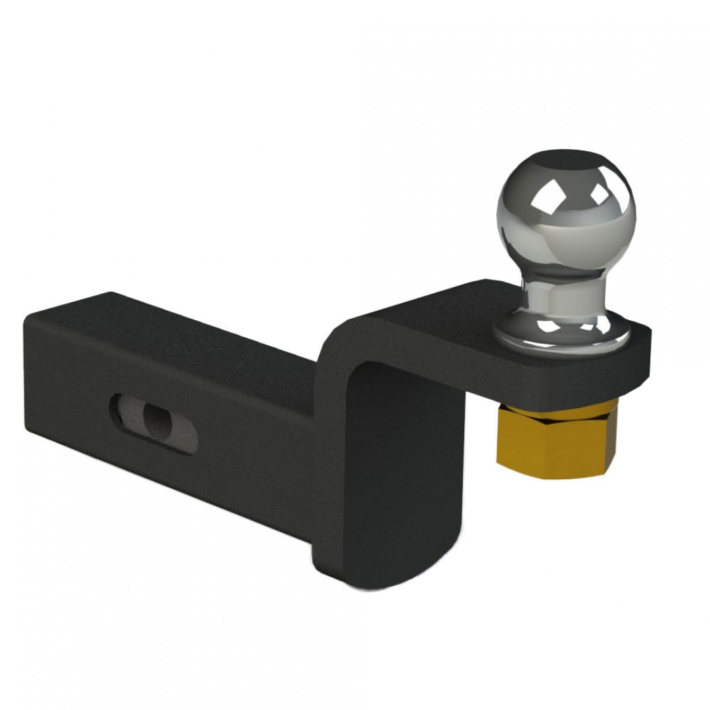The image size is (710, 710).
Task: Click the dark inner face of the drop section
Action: [401, 460]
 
